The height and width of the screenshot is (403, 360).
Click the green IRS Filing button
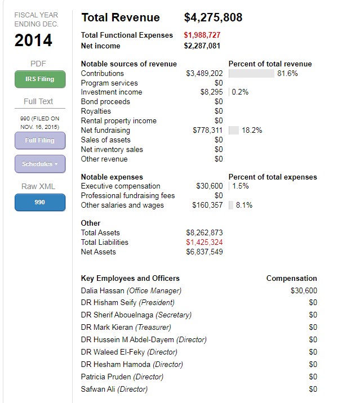39,79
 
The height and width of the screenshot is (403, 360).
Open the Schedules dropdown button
39,164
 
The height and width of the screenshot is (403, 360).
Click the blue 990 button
39,202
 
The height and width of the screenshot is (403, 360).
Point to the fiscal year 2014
33,41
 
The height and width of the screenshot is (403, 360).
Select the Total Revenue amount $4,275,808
213,17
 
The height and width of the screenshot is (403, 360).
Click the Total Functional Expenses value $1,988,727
202,35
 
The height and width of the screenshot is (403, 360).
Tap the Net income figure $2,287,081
202,46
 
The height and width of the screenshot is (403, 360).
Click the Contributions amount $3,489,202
204,73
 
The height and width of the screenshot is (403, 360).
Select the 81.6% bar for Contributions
251,73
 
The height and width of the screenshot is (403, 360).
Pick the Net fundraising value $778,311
207,130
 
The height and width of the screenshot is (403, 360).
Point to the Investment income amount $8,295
211,92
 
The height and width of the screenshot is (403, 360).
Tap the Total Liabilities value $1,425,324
204,242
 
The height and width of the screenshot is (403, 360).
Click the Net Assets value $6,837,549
204,252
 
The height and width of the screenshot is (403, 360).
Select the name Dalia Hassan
103,290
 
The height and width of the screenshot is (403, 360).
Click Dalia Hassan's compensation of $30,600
304,290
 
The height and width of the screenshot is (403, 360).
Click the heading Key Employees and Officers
130,278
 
